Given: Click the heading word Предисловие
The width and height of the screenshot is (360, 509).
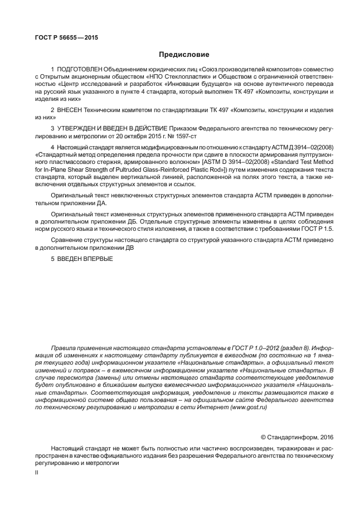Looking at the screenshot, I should (x=184, y=55).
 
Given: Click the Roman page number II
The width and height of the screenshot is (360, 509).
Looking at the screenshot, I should (x=36, y=472).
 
